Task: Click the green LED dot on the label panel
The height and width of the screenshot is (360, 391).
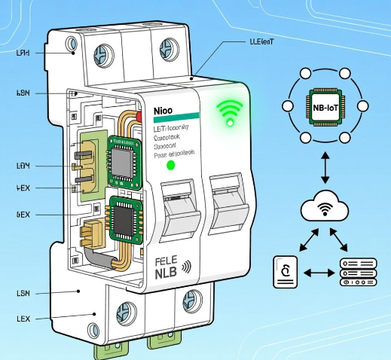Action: (170, 164)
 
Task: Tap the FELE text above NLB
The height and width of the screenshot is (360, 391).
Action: (168, 261)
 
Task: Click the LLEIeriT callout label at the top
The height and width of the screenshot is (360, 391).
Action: (261, 42)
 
